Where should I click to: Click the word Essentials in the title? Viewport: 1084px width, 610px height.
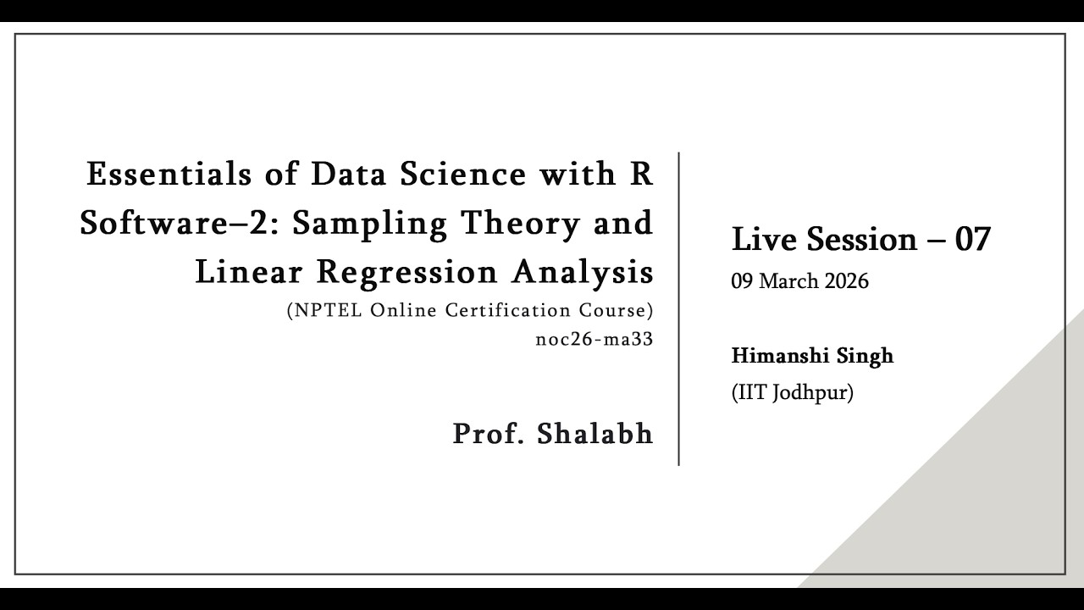pyautogui.click(x=169, y=174)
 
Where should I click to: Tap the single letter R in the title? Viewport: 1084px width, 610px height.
pyautogui.click(x=642, y=174)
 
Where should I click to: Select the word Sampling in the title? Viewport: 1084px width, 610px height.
pyautogui.click(x=370, y=225)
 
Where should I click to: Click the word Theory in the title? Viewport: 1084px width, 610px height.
pyautogui.click(x=520, y=225)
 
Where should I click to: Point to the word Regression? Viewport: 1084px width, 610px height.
pyautogui.click(x=407, y=274)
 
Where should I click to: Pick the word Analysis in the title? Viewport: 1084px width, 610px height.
pyautogui.click(x=583, y=273)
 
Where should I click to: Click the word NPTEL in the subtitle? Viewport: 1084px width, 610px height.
pyautogui.click(x=328, y=310)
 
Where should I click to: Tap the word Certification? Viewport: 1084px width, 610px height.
pyautogui.click(x=508, y=310)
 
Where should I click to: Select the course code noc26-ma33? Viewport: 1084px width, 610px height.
pyautogui.click(x=595, y=339)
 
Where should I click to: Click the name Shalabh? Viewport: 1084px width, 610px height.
pyautogui.click(x=595, y=433)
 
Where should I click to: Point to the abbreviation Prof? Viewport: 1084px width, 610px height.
pyautogui.click(x=489, y=433)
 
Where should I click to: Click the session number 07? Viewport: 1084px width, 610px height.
pyautogui.click(x=973, y=239)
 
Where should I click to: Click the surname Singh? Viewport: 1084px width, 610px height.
pyautogui.click(x=866, y=357)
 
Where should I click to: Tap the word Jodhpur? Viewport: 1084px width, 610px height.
pyautogui.click(x=812, y=392)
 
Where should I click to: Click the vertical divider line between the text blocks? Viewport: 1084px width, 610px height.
pyautogui.click(x=678, y=309)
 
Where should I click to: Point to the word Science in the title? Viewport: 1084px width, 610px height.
pyautogui.click(x=462, y=174)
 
